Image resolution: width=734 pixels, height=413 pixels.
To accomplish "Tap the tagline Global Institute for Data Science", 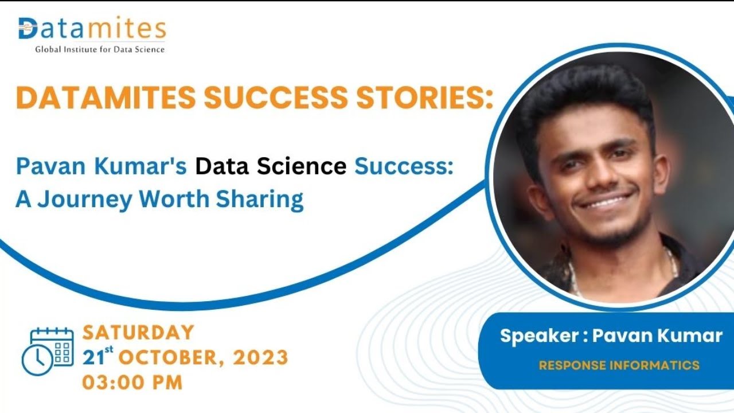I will [100, 49].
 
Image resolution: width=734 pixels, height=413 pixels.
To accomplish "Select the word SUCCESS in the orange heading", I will [276, 98].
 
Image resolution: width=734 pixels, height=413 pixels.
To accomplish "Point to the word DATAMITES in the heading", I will [106, 98].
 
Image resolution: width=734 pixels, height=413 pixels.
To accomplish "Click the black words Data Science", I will [271, 167].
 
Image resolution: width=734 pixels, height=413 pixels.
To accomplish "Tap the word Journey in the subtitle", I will [84, 199].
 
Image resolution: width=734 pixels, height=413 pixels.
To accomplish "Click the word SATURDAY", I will [138, 332].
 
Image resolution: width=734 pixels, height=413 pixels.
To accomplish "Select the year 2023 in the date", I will [261, 357].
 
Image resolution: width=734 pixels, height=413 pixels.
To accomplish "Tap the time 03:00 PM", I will [132, 381].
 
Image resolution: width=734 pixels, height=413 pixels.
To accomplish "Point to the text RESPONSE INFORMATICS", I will [619, 365].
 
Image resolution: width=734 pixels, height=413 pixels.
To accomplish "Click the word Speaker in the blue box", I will [539, 336].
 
